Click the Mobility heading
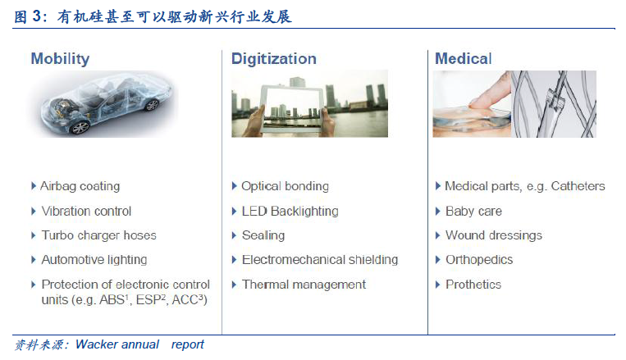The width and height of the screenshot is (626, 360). click(x=60, y=59)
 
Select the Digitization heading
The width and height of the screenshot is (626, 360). click(x=274, y=59)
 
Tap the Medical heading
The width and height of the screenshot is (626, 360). click(x=463, y=59)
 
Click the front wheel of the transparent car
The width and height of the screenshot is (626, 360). click(x=80, y=127)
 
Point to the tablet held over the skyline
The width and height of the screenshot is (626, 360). click(x=292, y=109)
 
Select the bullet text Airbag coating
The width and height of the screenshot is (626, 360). click(x=80, y=186)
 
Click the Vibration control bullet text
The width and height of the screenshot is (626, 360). click(x=86, y=211)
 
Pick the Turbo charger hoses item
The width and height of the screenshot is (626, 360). click(x=98, y=235)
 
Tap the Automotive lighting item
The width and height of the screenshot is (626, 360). click(x=94, y=260)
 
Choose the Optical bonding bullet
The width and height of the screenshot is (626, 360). click(x=285, y=186)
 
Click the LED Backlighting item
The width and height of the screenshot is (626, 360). click(x=290, y=211)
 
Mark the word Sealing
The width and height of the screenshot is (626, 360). click(x=263, y=235)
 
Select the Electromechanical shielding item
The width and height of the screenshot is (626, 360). click(x=320, y=260)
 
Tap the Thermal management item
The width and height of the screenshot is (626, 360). click(x=304, y=285)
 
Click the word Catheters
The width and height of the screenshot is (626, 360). click(x=578, y=186)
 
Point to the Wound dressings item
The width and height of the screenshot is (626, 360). click(x=494, y=235)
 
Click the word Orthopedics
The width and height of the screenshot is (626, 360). click(x=479, y=260)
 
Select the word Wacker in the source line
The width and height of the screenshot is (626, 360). click(x=96, y=344)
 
